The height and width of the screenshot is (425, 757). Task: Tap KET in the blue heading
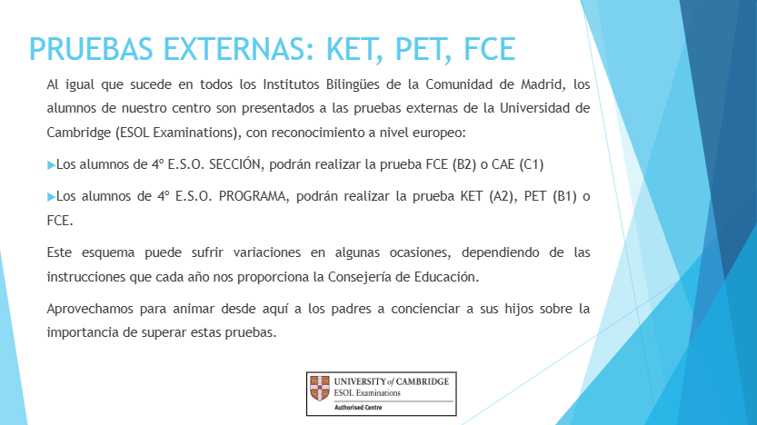click(354, 49)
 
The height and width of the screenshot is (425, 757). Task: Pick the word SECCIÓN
click(236, 164)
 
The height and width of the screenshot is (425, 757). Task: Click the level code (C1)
click(532, 165)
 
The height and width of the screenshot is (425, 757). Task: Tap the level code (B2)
click(464, 165)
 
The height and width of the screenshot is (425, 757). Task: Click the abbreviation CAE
click(503, 165)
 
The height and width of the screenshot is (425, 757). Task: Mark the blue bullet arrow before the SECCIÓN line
click(51, 165)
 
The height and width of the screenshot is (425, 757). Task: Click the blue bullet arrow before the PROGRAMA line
click(51, 197)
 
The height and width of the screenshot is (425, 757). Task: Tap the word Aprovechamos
click(90, 309)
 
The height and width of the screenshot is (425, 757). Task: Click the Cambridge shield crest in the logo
click(320, 389)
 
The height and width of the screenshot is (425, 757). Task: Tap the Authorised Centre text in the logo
click(358, 408)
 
